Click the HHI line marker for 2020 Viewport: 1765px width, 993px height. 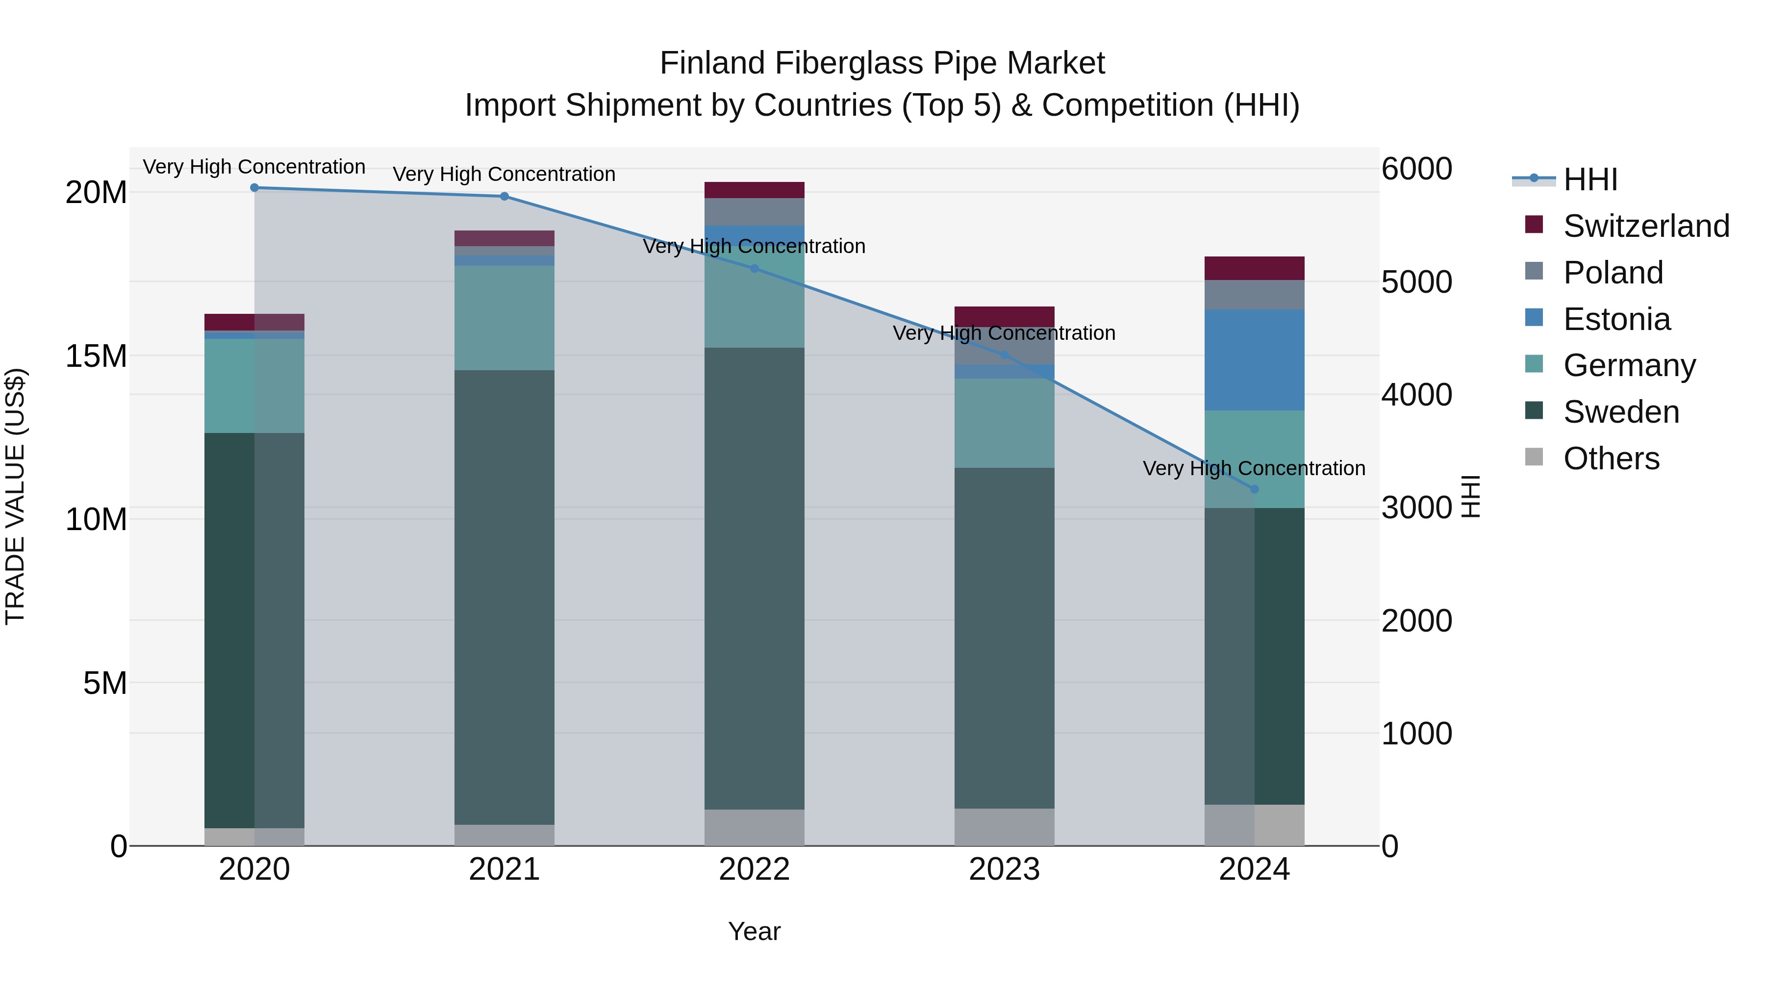coord(254,187)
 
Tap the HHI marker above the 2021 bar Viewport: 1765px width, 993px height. coord(504,196)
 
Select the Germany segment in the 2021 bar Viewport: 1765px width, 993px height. coord(504,318)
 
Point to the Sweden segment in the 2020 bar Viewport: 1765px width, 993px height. coord(229,631)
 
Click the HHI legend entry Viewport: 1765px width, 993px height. coord(1589,179)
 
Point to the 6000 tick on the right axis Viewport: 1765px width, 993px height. coord(1416,169)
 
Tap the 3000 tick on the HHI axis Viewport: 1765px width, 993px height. coord(1416,508)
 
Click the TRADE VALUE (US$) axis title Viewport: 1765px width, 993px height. coord(15,496)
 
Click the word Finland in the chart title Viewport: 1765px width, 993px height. coord(712,63)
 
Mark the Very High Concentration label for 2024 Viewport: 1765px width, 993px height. coord(1253,468)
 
